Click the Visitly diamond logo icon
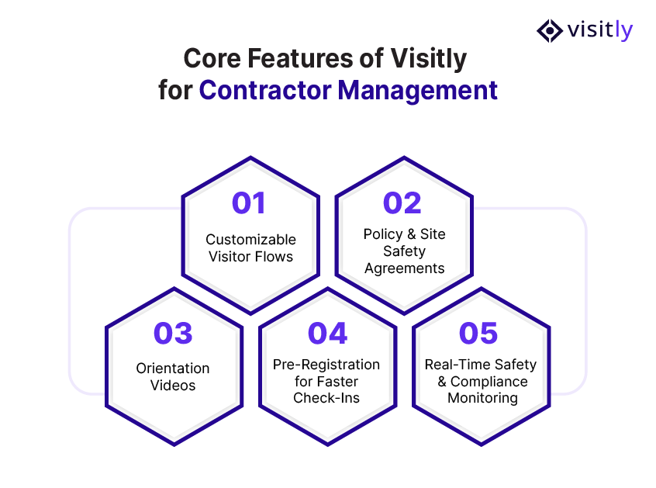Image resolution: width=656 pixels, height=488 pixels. pos(550,30)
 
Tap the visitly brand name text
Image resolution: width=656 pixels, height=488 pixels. pos(599,30)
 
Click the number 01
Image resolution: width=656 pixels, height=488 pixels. pos(249,203)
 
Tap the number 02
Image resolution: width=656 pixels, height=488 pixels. pos(402,203)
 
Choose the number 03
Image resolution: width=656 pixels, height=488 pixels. pos(173,333)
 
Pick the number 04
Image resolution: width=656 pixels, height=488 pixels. pos(326,333)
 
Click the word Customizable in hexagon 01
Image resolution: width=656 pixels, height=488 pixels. pos(250,240)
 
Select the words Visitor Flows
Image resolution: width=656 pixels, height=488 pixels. pos(250,256)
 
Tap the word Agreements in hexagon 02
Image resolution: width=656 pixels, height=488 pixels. pos(403,268)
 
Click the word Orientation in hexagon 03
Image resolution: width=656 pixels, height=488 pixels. pos(173,369)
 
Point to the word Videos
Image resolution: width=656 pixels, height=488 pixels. pos(173,385)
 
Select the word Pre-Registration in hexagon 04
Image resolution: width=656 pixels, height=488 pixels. pos(326,365)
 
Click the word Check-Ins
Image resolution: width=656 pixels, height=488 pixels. pos(326,398)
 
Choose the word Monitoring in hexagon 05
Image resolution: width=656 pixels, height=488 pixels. pos(482,398)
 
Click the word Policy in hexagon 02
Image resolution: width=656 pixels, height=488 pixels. pos(382,234)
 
